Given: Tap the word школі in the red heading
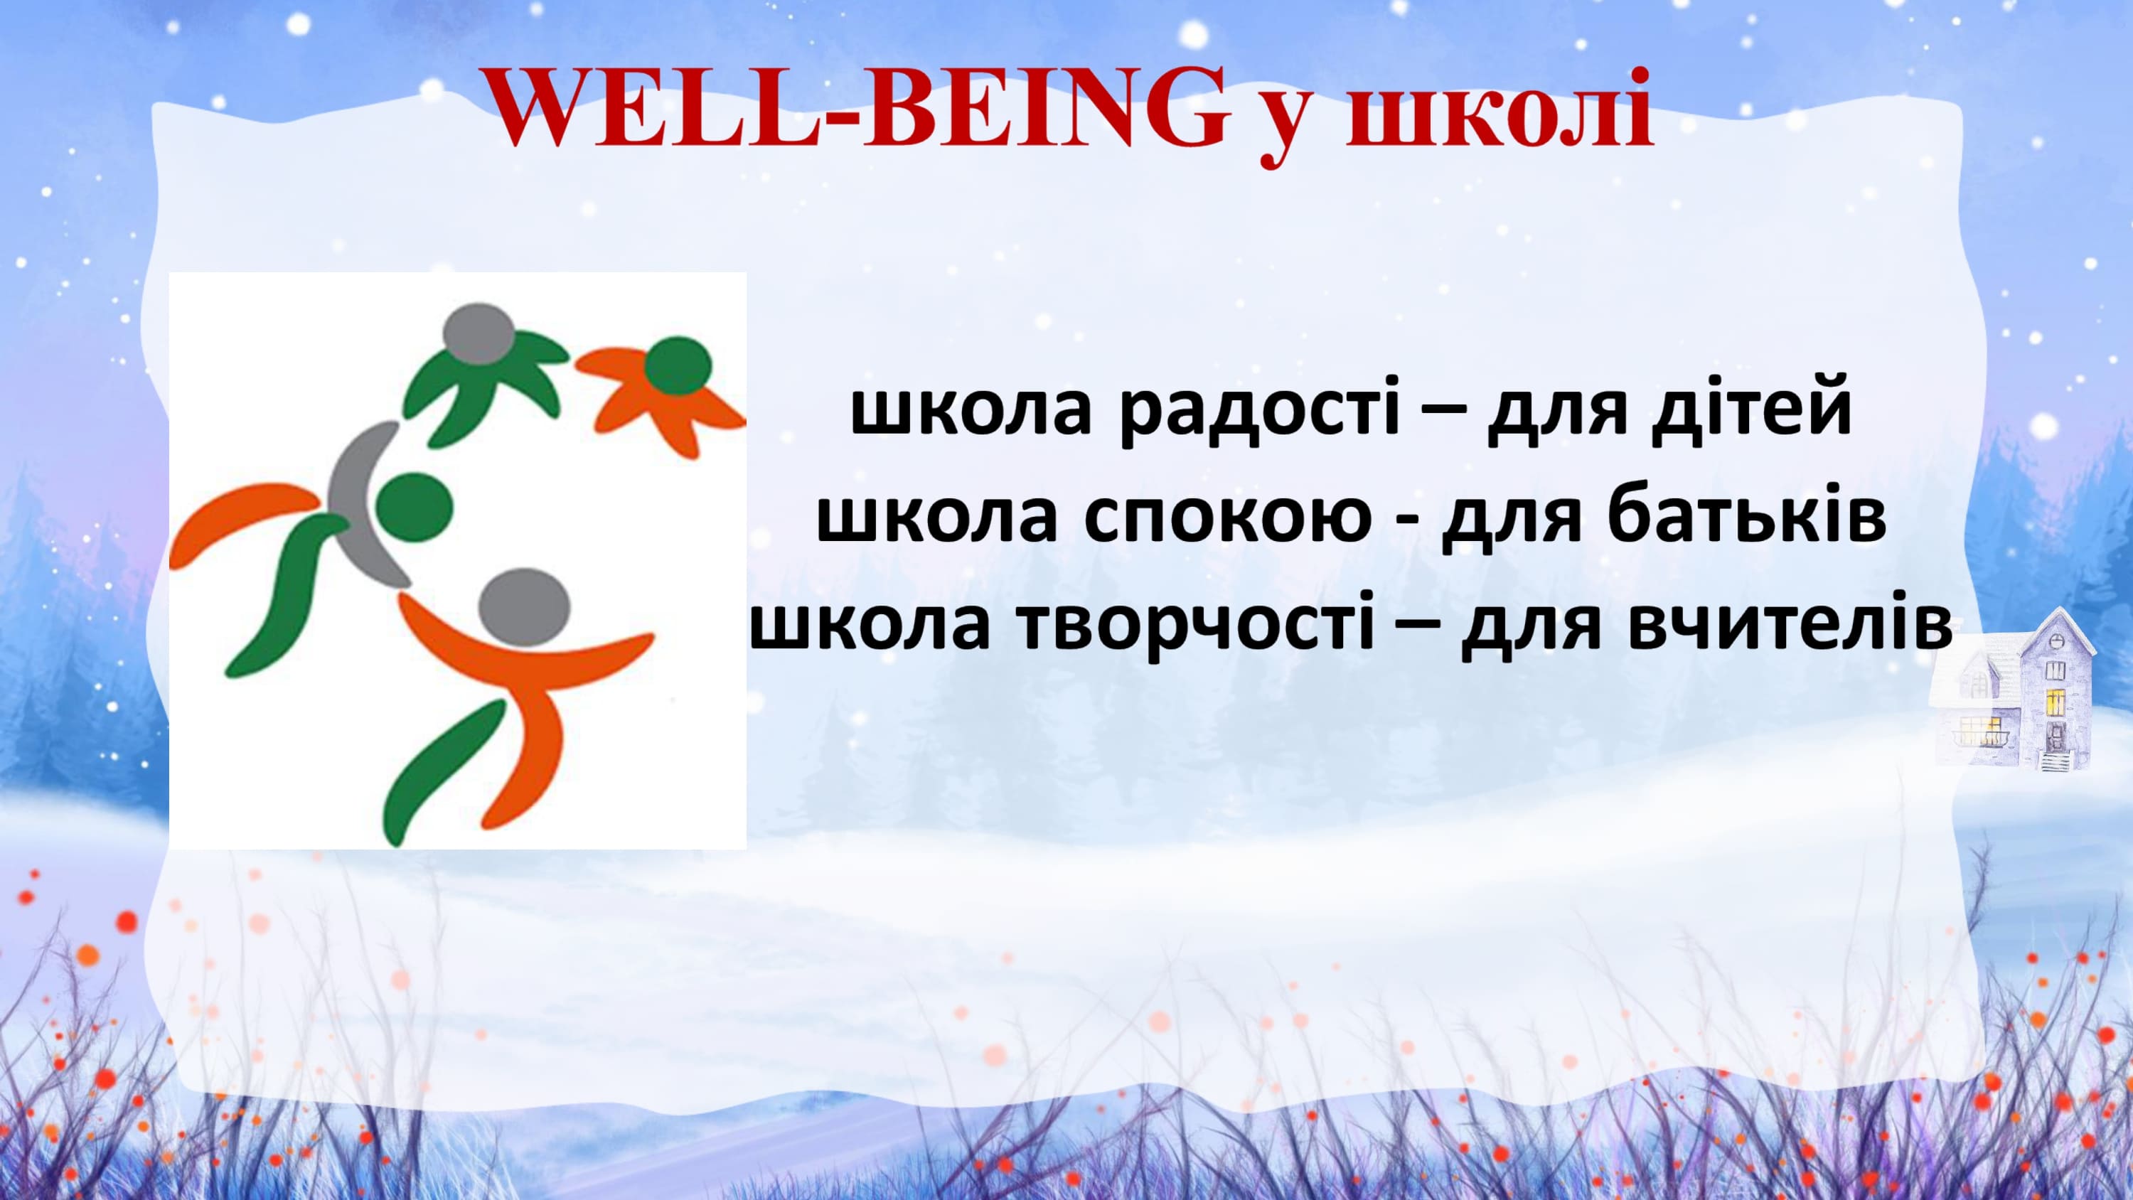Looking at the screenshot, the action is [x=1499, y=110].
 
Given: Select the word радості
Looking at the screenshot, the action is [x=1259, y=411].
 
